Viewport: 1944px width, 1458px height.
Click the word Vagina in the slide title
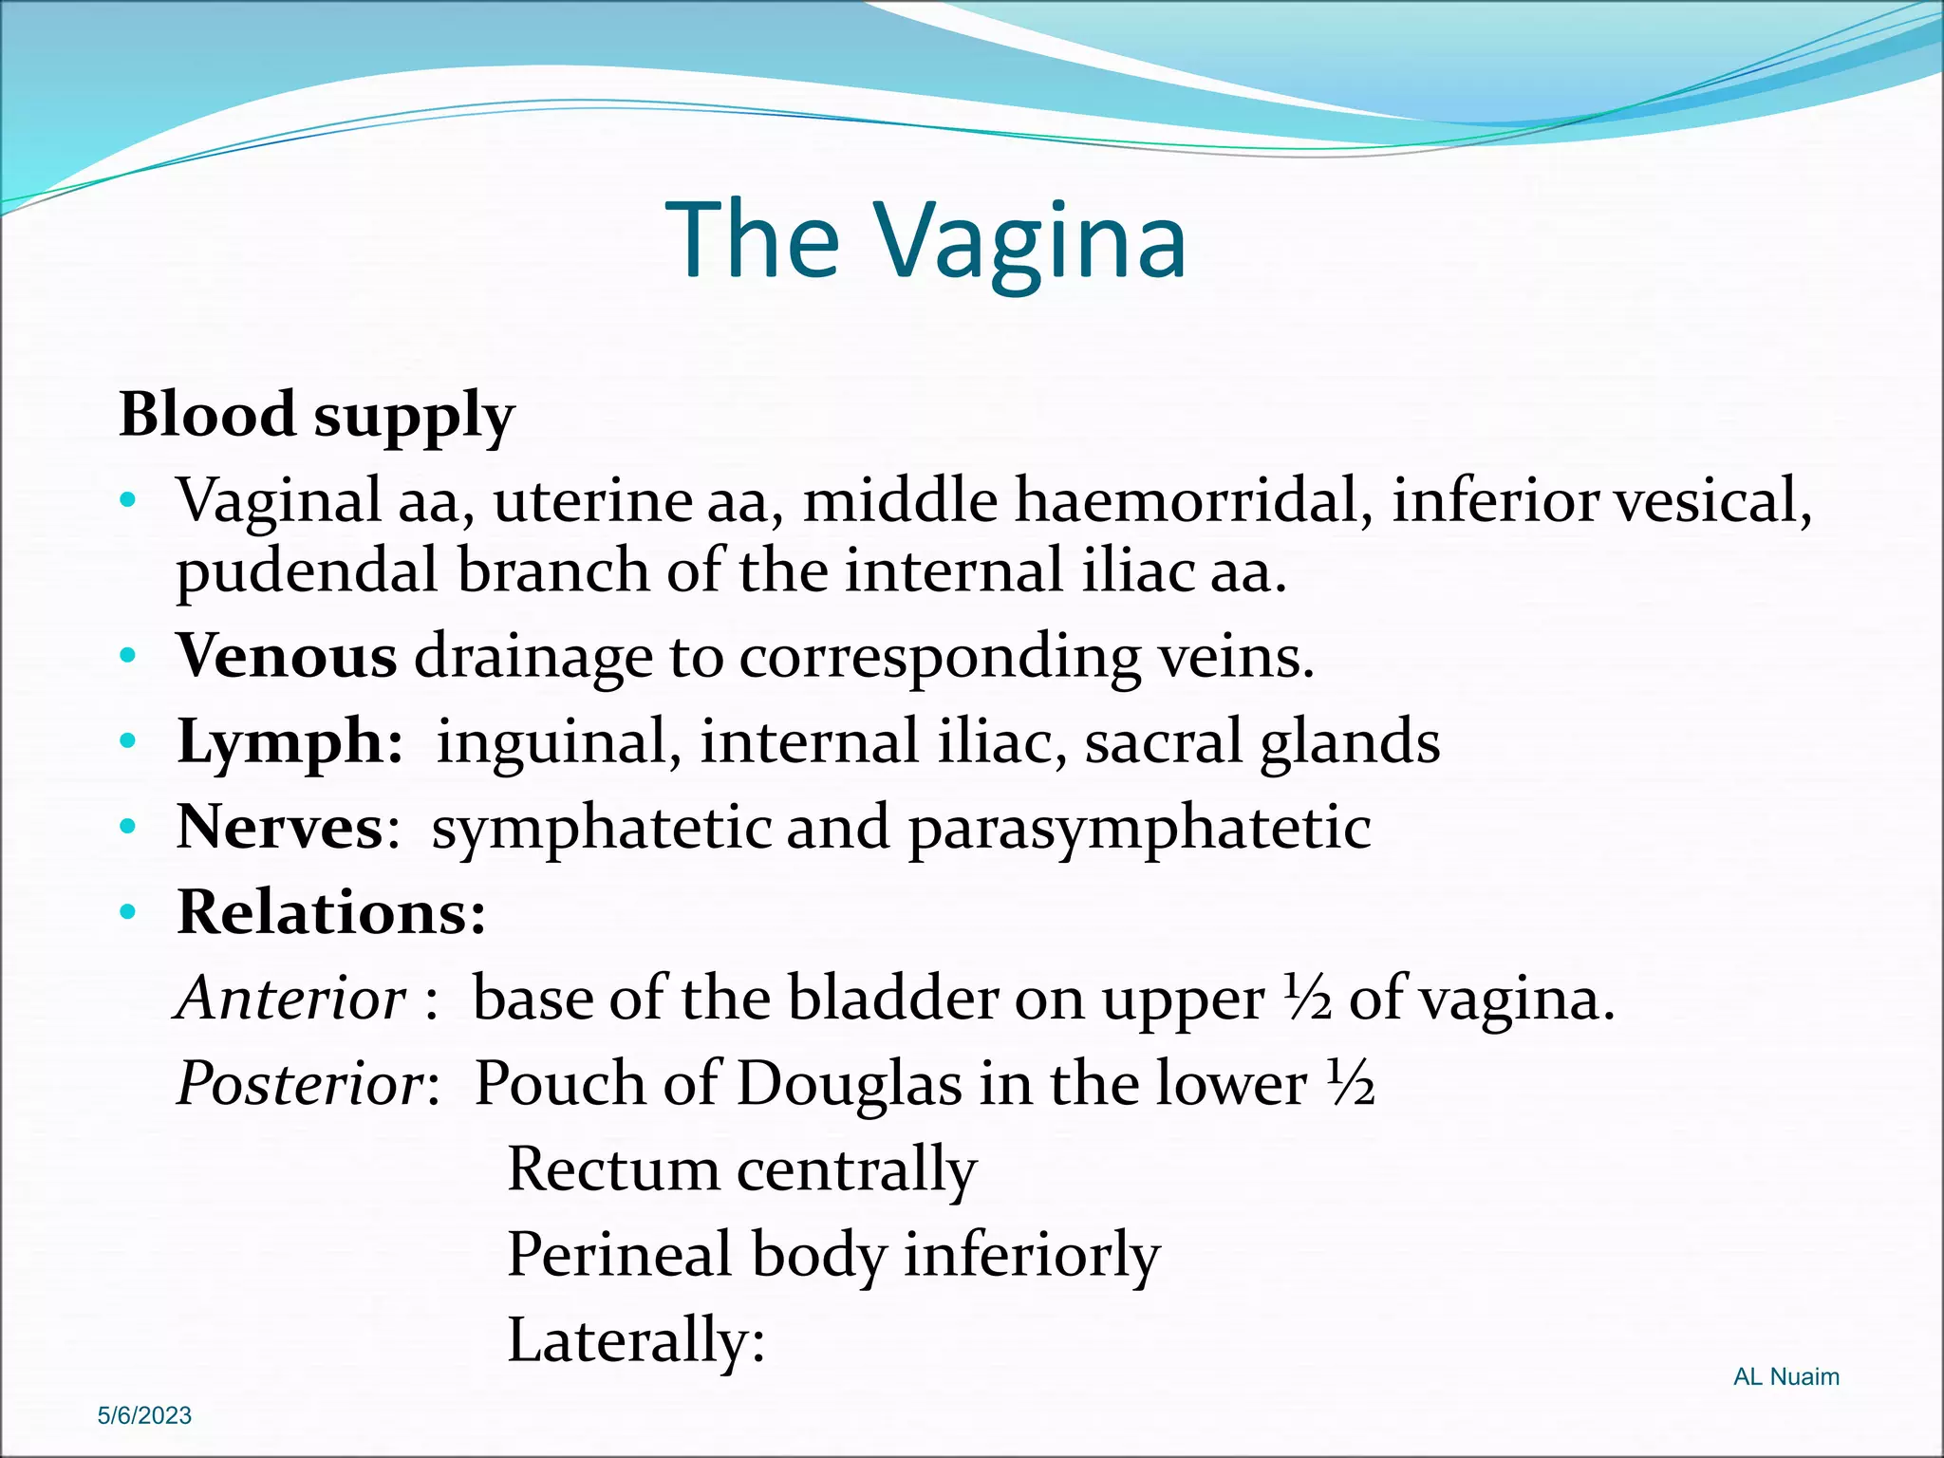coord(1029,242)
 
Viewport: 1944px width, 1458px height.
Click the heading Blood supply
coord(316,415)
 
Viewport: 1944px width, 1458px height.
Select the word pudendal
coord(307,572)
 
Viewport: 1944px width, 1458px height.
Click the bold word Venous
coord(287,656)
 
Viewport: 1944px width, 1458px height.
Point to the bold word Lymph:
coord(290,741)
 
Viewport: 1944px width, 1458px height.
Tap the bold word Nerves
coord(280,827)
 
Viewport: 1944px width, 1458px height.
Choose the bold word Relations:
coord(331,912)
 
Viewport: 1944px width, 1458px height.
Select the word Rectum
coord(613,1168)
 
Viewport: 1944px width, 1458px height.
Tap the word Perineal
coord(620,1254)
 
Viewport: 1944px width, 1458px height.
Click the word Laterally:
coord(636,1340)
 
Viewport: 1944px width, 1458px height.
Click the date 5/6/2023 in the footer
coord(144,1415)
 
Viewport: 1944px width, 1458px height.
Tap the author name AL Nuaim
coord(1785,1376)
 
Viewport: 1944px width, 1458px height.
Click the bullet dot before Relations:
coord(128,913)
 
